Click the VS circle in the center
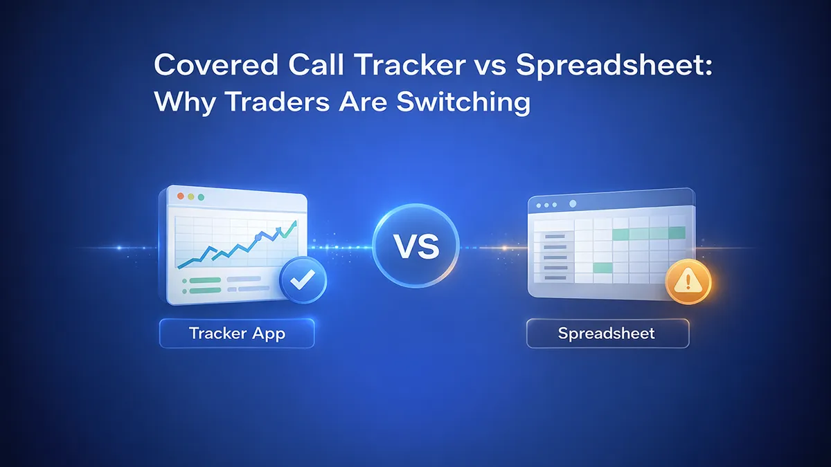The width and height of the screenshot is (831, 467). pyautogui.click(x=415, y=247)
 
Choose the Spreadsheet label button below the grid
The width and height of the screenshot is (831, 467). pyautogui.click(x=607, y=333)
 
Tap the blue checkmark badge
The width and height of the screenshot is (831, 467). pyautogui.click(x=303, y=282)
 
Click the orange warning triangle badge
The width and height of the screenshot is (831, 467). pyautogui.click(x=688, y=282)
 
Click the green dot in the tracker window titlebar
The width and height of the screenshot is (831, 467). pyautogui.click(x=201, y=197)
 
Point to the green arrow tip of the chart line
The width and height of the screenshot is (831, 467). pyautogui.click(x=294, y=223)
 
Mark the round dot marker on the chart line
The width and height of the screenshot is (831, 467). pyautogui.click(x=258, y=237)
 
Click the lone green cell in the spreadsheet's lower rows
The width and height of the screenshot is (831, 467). pyautogui.click(x=603, y=267)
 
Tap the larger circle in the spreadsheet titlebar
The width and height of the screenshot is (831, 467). pyautogui.click(x=573, y=205)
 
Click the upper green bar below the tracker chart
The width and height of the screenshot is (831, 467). pyautogui.click(x=200, y=280)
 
